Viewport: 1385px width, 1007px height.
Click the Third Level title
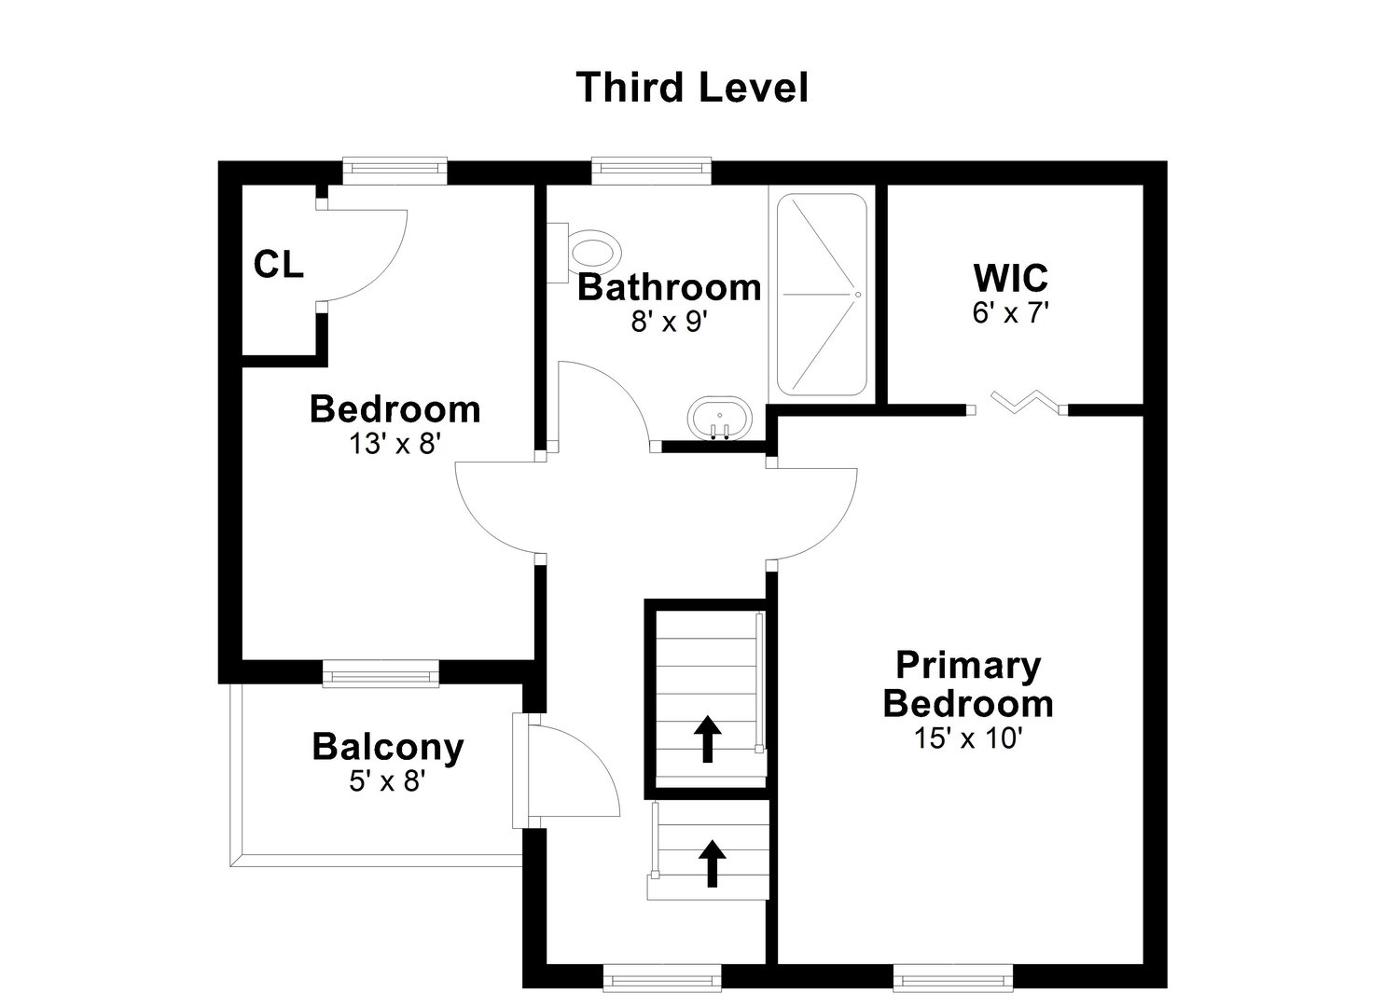(691, 88)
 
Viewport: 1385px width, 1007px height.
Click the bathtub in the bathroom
(822, 295)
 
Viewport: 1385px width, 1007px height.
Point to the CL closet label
(278, 266)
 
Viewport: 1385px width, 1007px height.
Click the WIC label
(1010, 278)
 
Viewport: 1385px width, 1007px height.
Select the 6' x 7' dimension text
(1010, 313)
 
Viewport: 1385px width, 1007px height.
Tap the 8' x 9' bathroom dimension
(670, 322)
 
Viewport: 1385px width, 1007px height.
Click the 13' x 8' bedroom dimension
(395, 444)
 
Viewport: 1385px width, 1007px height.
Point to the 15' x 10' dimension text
(968, 738)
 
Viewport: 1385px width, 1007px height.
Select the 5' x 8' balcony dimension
(387, 781)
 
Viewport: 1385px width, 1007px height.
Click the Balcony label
(387, 747)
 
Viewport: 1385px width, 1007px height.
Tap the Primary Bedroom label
(968, 684)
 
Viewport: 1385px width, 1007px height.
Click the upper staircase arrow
(708, 738)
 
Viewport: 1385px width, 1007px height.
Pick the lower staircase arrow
(713, 862)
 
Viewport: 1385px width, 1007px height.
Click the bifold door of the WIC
(1019, 403)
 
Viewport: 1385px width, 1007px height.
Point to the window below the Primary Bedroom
(952, 979)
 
